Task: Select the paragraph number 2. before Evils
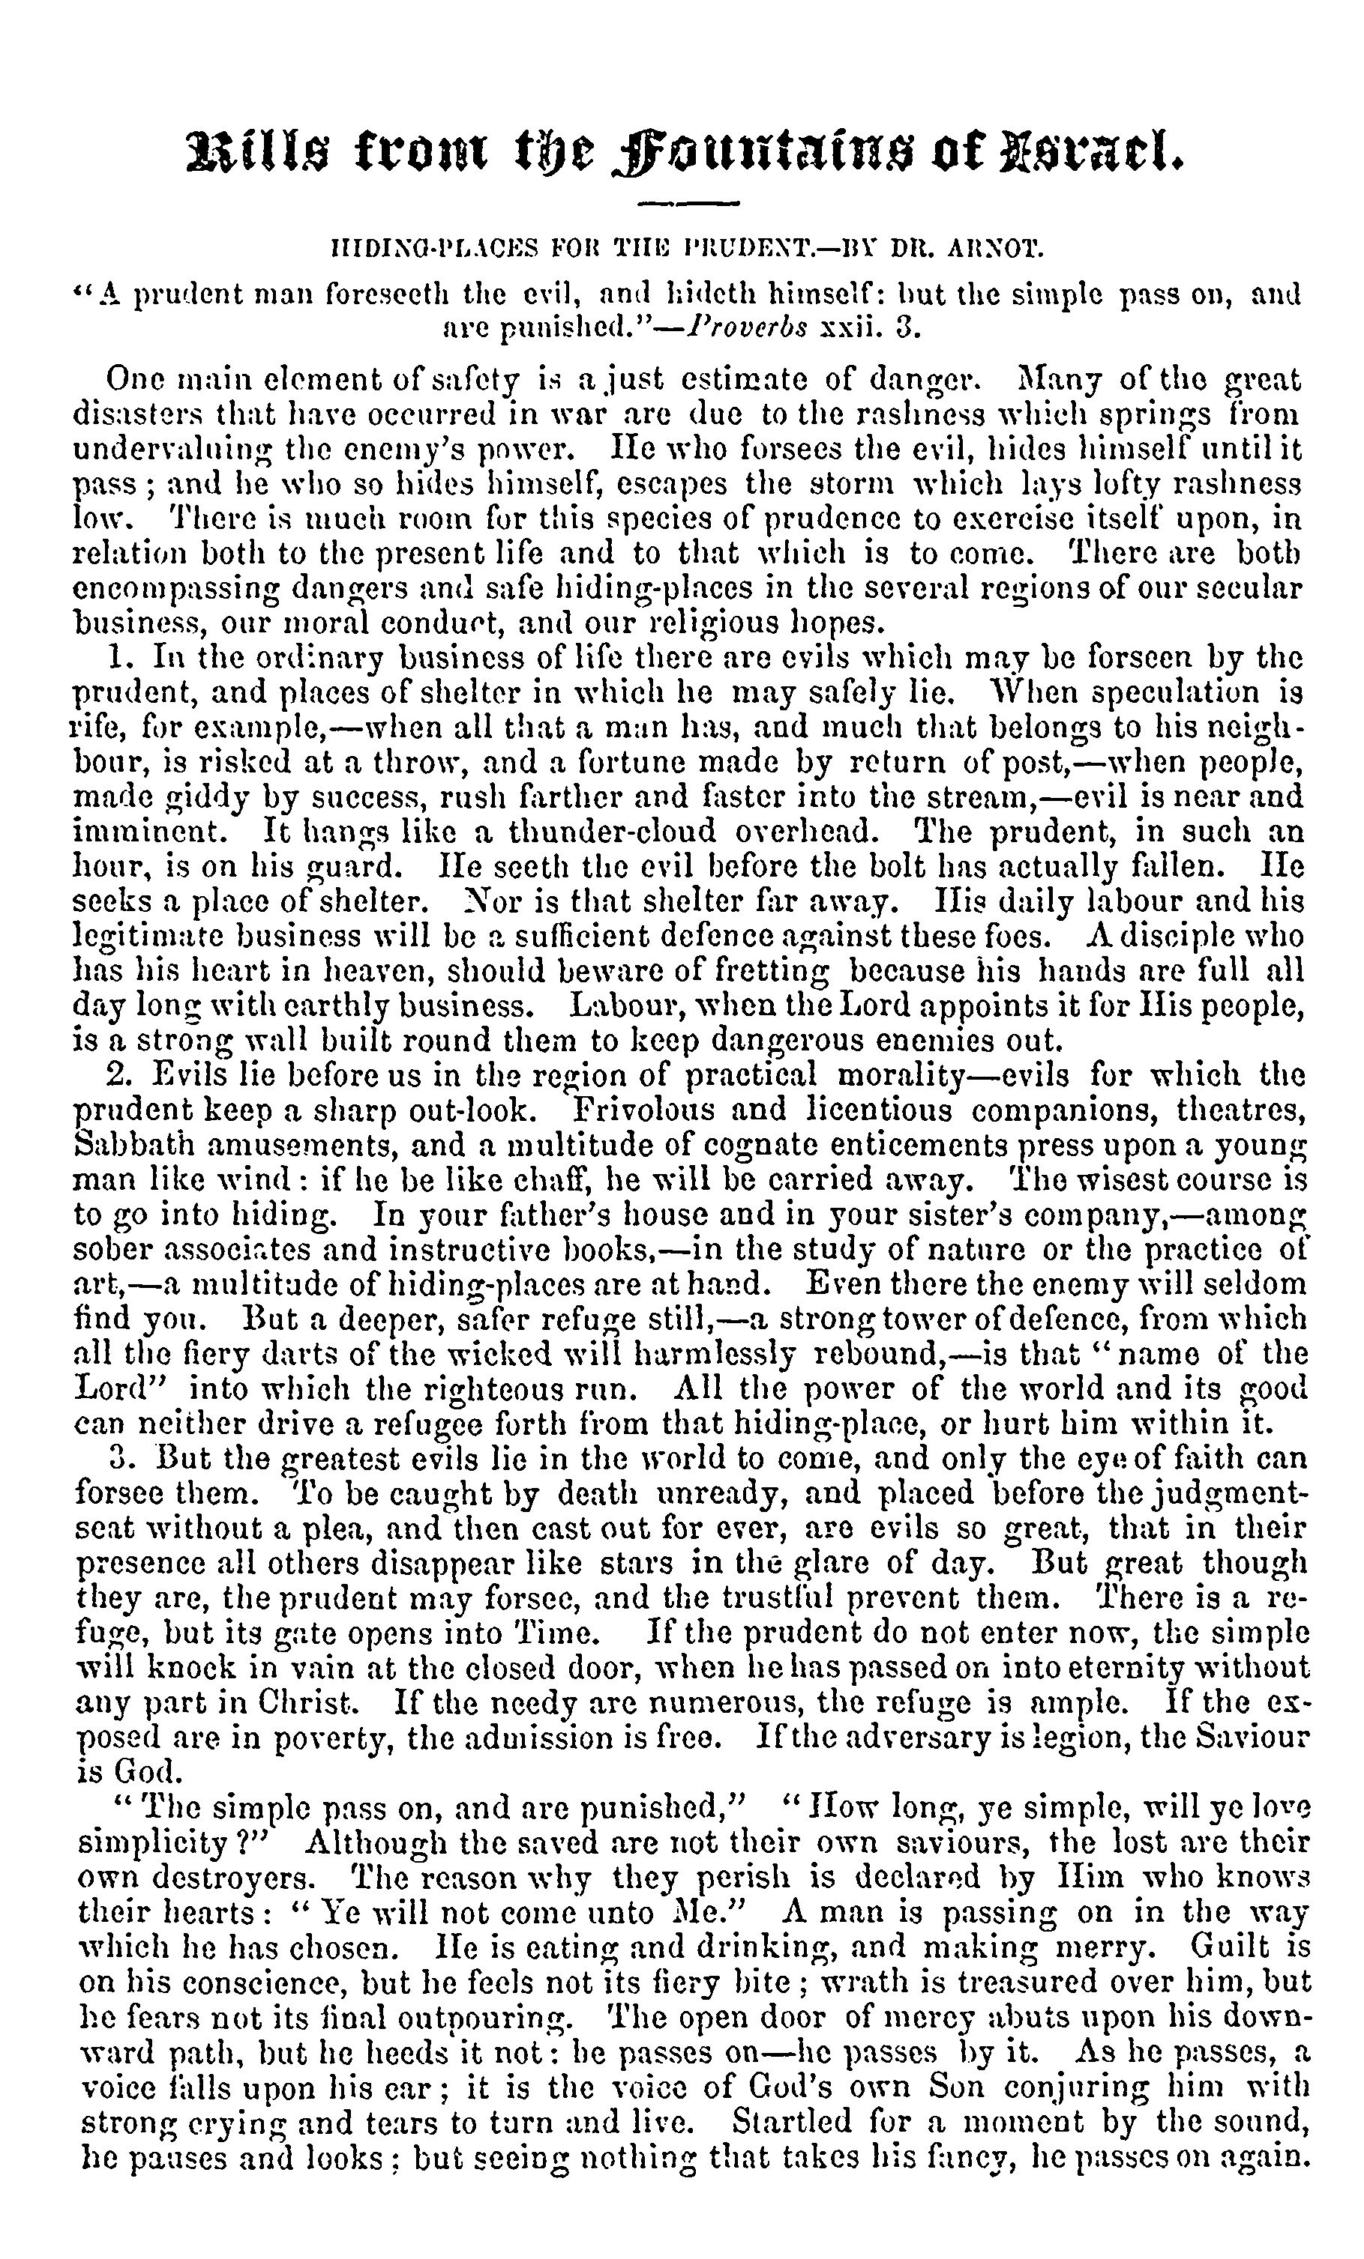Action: click(116, 1074)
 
